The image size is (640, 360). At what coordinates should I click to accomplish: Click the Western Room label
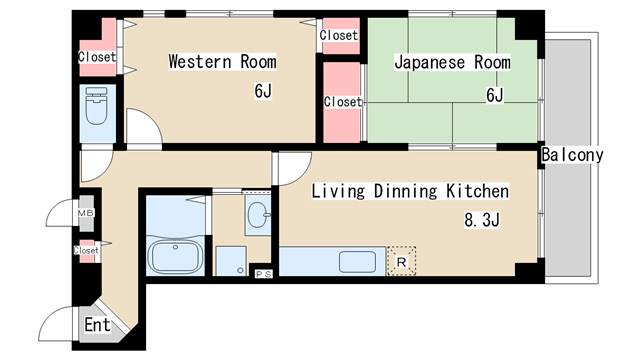coord(222,62)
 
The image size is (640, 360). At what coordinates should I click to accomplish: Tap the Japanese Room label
coord(452,62)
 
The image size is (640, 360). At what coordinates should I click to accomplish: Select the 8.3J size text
coord(480,219)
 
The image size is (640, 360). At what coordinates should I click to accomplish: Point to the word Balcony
coord(572,156)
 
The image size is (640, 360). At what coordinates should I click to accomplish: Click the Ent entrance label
coord(97,325)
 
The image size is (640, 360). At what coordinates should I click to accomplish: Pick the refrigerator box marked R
coord(401,262)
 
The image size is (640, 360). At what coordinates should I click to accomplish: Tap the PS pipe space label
coord(264,273)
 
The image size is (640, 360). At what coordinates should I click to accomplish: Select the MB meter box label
coord(86,213)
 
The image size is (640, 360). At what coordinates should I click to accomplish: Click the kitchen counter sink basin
coord(357,262)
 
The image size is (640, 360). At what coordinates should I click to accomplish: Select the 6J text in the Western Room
coord(263,93)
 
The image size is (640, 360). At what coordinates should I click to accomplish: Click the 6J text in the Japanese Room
coord(494,95)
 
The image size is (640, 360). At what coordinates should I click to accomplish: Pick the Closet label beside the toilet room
coord(97,57)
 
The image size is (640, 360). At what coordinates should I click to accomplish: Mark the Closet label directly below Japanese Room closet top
coord(342,102)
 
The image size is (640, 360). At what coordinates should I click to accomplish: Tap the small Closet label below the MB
coord(87,251)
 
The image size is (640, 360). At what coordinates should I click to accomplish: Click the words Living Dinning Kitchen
coord(410,191)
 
